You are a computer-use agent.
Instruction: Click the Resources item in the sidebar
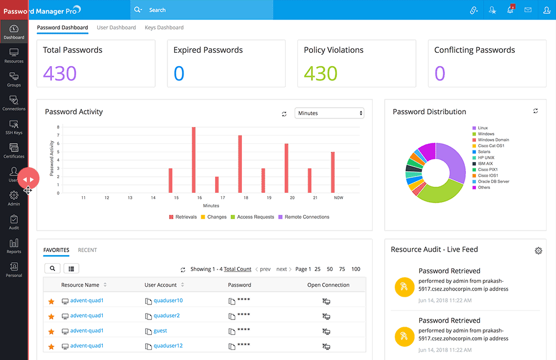pos(14,55)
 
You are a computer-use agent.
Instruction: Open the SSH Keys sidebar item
pos(14,127)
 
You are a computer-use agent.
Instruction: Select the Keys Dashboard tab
pos(164,27)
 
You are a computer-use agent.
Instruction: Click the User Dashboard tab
pos(116,27)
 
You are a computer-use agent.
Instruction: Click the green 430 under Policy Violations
pos(321,73)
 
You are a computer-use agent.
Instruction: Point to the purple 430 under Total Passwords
pos(60,73)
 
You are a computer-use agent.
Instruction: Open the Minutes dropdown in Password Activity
pos(329,113)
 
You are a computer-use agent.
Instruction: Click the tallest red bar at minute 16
pos(193,160)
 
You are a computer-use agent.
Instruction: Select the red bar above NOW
pos(332,172)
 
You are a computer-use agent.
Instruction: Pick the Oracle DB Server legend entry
pos(493,182)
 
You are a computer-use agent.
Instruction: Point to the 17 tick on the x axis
pos(222,198)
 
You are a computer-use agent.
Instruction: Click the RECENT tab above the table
pos(87,250)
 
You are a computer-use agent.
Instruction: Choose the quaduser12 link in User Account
pos(168,346)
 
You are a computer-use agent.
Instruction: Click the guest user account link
pos(160,331)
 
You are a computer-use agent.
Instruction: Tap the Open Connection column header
pos(328,285)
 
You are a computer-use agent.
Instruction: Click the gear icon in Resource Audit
pos(538,251)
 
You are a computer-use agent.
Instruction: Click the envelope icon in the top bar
pos(528,10)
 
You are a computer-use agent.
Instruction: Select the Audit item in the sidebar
pos(14,222)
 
